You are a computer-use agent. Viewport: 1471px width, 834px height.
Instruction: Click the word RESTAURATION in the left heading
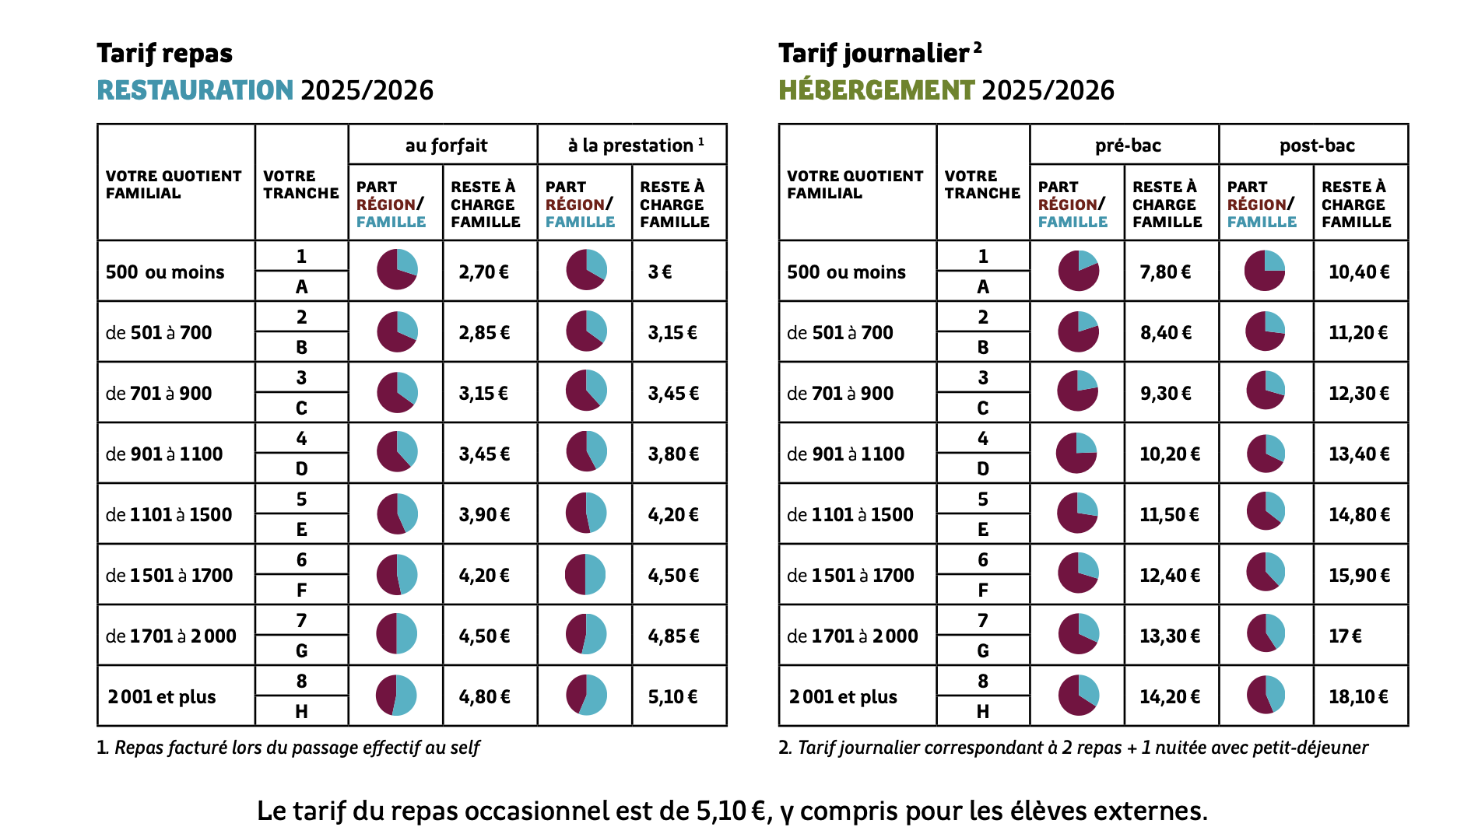pos(195,90)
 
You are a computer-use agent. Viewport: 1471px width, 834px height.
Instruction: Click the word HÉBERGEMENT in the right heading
pos(876,90)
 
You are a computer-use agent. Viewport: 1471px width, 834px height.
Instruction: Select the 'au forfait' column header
pos(446,145)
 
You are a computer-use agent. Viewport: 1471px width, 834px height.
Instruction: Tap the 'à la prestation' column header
pos(635,145)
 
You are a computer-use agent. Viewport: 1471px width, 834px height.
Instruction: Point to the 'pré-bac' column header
pos(1128,145)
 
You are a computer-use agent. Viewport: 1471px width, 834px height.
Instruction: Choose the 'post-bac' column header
pos(1317,145)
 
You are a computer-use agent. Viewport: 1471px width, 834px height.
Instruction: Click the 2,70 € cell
pos(483,272)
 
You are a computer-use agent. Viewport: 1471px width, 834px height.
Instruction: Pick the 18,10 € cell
pos(1358,696)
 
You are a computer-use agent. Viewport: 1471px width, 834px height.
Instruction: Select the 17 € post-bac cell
pos(1345,636)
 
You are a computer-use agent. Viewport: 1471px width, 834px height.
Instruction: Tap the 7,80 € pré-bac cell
pos(1165,272)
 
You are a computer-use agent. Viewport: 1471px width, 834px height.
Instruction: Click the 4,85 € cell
pos(673,636)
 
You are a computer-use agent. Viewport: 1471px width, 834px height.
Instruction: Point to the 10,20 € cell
pos(1170,454)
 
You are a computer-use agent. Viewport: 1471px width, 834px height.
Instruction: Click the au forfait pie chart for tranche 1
pos(397,269)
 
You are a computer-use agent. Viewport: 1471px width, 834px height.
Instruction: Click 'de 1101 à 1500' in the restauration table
pos(169,514)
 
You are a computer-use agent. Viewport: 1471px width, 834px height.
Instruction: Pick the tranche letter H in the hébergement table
pos(983,711)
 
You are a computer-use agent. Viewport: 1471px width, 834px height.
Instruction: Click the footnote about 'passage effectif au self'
pos(288,748)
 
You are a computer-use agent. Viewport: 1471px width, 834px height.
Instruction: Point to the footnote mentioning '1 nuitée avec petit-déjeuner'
pos(1073,748)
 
